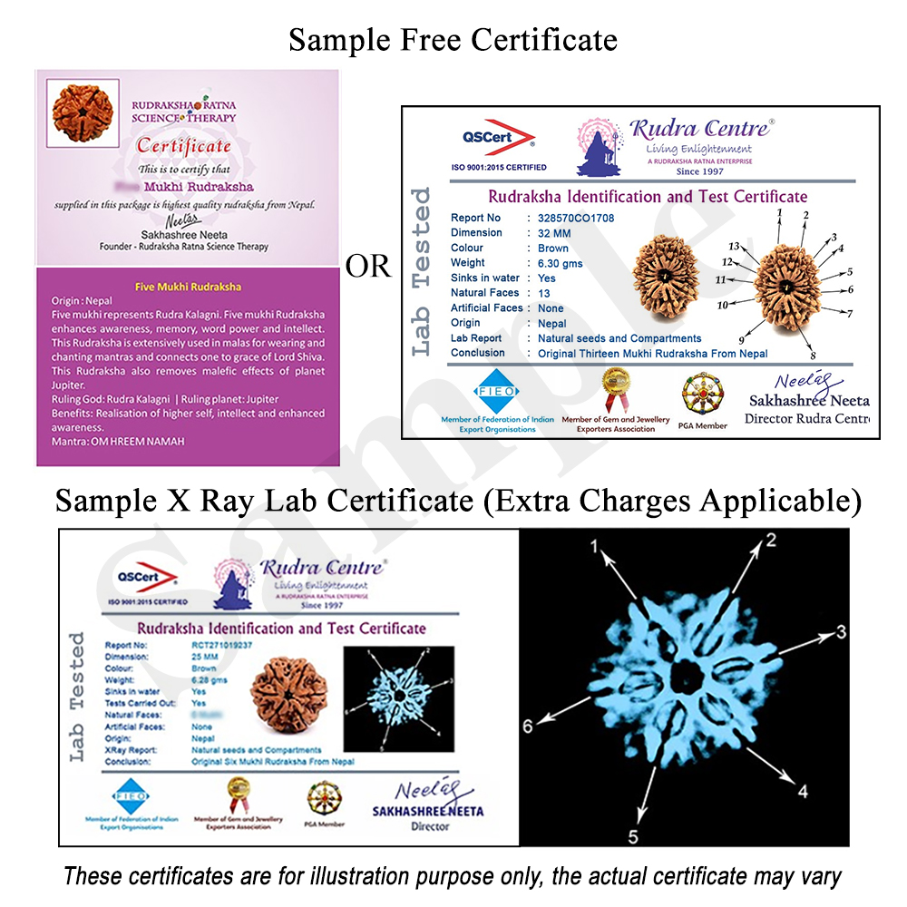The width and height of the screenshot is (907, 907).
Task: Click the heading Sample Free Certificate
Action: pos(453,39)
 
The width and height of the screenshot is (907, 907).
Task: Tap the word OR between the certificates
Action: pos(369,266)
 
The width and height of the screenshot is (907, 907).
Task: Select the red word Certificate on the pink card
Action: pos(184,145)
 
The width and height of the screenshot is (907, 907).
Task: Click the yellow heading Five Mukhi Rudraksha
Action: pos(188,286)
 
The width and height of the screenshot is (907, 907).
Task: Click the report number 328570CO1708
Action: pos(576,218)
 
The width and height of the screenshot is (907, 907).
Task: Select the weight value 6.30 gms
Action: pos(561,263)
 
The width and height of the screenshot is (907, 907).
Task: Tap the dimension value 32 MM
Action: pos(553,232)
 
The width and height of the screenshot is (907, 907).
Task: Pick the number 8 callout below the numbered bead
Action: pos(813,355)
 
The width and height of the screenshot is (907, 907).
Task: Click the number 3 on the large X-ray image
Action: pos(841,631)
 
